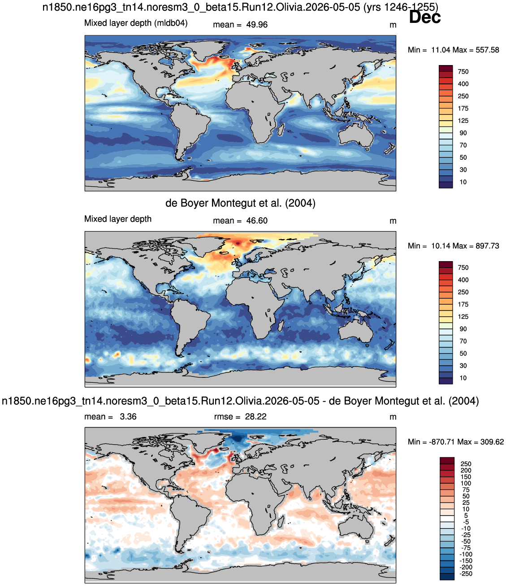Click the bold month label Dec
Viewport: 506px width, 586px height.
(x=424, y=17)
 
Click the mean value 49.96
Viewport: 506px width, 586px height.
(x=256, y=25)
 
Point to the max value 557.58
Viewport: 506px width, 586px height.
(x=487, y=50)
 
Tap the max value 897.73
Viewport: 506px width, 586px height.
(x=487, y=246)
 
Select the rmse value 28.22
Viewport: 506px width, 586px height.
(x=256, y=416)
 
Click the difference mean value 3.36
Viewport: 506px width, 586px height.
(x=128, y=416)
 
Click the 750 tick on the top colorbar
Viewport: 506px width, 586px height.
(x=463, y=72)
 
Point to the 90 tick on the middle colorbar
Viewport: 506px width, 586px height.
(x=463, y=329)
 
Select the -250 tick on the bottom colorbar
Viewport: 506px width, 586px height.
(x=466, y=574)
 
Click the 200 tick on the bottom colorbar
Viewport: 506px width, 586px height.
(x=466, y=470)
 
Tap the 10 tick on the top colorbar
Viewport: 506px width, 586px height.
(x=463, y=182)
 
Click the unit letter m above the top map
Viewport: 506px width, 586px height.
(x=393, y=25)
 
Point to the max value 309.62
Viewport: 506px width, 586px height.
(x=492, y=442)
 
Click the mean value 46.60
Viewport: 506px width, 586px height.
(x=256, y=221)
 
